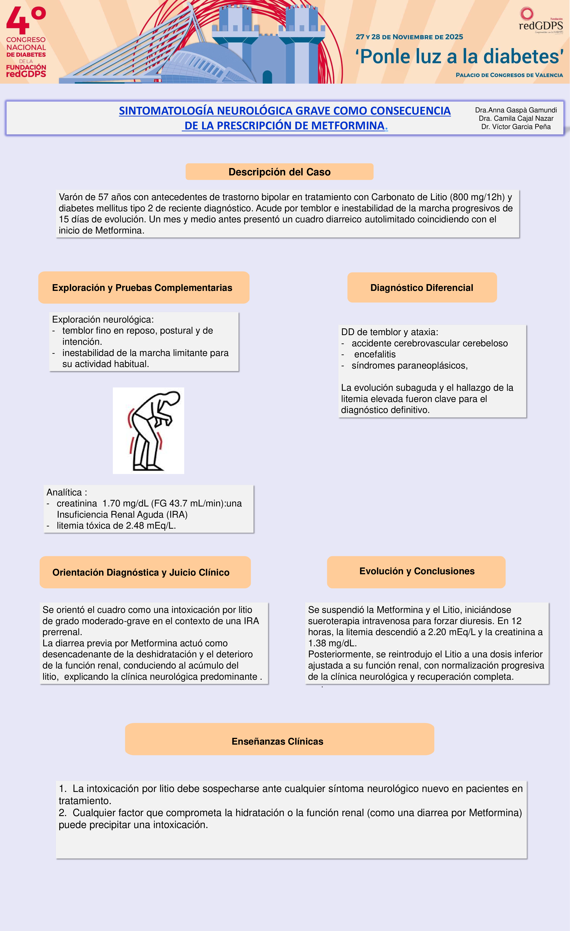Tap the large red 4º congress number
tap(26, 21)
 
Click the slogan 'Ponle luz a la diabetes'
tap(459, 57)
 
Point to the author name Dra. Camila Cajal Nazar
tap(516, 118)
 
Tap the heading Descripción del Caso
tap(279, 172)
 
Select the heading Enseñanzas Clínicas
tap(277, 741)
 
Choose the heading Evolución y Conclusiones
tap(417, 571)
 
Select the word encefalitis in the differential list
tap(375, 354)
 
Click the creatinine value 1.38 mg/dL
tap(332, 643)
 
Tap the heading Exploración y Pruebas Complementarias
tap(142, 288)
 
